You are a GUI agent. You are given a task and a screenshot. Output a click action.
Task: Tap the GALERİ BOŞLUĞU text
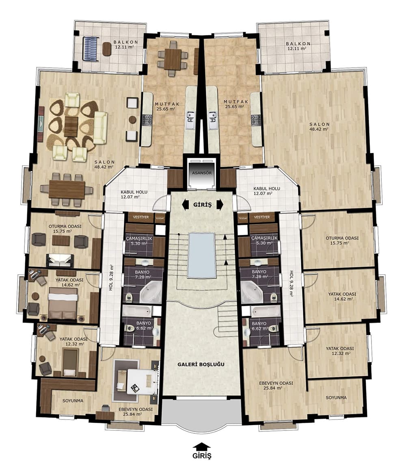[201, 364]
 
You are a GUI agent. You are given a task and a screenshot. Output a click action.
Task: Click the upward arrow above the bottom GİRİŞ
[202, 447]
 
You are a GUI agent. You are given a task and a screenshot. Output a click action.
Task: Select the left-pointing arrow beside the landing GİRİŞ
[186, 205]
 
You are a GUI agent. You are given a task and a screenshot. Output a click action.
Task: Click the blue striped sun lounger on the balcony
[91, 49]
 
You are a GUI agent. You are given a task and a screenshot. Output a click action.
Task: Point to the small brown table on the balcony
[107, 49]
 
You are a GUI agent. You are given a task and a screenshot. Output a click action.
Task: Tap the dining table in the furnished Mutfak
[173, 59]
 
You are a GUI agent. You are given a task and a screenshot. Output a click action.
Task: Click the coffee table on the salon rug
[71, 126]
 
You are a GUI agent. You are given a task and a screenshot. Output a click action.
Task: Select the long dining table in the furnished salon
[67, 189]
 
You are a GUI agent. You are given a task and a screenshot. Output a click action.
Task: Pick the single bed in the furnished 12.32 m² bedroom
[70, 361]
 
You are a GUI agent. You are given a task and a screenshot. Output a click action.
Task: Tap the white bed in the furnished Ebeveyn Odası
[140, 382]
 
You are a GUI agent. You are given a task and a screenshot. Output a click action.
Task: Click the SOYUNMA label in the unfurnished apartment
[337, 398]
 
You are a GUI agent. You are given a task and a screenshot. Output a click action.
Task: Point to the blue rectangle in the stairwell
[201, 255]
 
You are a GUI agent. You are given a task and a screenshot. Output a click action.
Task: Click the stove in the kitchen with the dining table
[147, 119]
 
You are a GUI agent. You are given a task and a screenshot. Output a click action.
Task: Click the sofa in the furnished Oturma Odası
[60, 260]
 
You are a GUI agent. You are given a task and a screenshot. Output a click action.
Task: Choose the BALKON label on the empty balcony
[298, 43]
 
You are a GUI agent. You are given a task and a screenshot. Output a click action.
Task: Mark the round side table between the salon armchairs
[132, 119]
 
